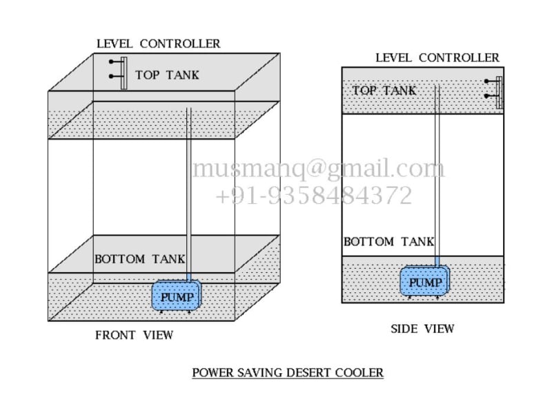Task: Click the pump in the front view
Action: click(x=177, y=297)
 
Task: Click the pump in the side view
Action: click(x=424, y=282)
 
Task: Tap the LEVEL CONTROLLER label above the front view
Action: click(x=158, y=44)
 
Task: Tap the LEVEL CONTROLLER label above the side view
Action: click(x=437, y=57)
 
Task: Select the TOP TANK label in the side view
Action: click(x=384, y=91)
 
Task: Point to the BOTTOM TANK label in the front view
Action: click(x=140, y=260)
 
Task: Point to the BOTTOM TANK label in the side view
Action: click(x=388, y=242)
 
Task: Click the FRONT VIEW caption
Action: click(x=134, y=337)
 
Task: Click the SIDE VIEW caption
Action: click(x=422, y=329)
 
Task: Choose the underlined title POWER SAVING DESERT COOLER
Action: click(x=287, y=373)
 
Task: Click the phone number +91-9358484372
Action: click(x=314, y=196)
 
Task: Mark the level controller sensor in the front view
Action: click(x=123, y=73)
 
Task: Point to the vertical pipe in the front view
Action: click(x=189, y=193)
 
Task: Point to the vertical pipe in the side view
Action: click(x=437, y=173)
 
